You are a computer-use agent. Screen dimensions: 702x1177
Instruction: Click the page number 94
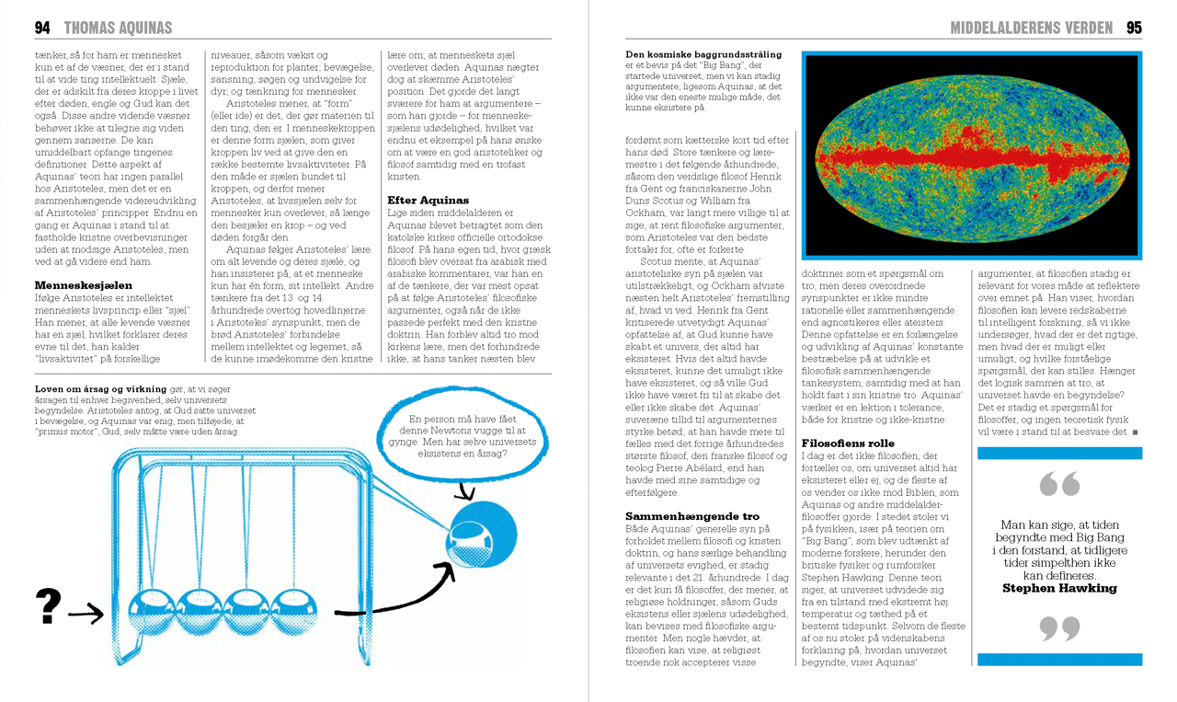pyautogui.click(x=42, y=29)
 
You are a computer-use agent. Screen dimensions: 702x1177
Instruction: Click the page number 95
pyautogui.click(x=1134, y=29)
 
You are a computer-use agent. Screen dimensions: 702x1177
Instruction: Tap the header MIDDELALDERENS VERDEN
pyautogui.click(x=1031, y=29)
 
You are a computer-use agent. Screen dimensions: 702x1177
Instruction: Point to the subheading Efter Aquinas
pyautogui.click(x=428, y=200)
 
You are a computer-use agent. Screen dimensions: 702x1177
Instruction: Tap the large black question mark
pyautogui.click(x=49, y=607)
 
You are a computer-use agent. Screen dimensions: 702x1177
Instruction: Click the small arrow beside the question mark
pyautogui.click(x=86, y=614)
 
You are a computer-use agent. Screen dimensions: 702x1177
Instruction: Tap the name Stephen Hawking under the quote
pyautogui.click(x=1059, y=588)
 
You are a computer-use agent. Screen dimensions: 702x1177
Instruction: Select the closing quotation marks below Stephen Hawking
pyautogui.click(x=1059, y=628)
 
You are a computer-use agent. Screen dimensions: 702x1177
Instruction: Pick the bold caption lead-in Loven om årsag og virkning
pyautogui.click(x=100, y=389)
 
